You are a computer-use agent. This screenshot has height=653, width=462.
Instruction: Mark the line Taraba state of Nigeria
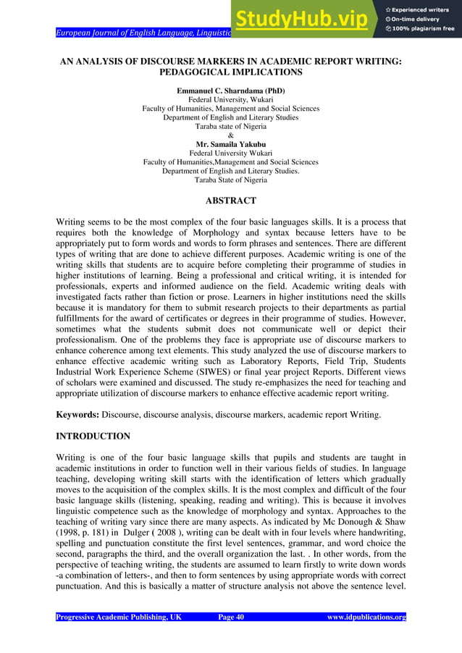click(230, 126)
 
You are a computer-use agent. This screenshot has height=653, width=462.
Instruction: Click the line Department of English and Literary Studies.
click(230, 117)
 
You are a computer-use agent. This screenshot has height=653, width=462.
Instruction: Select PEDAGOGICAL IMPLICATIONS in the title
click(230, 73)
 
